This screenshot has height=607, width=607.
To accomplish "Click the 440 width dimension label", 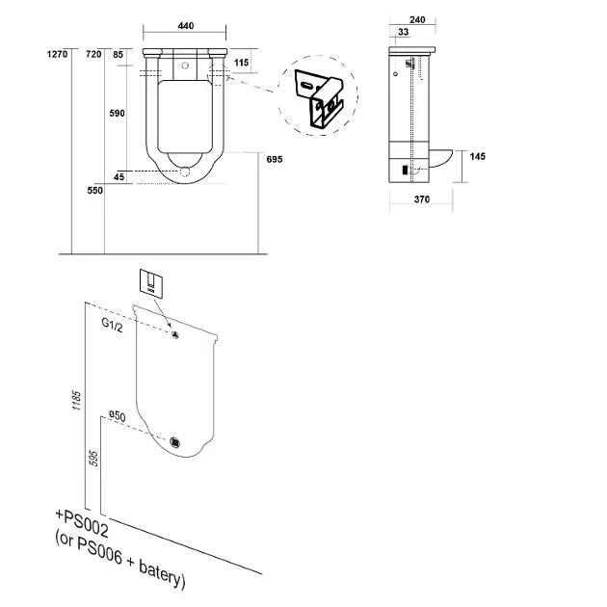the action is pos(185,26).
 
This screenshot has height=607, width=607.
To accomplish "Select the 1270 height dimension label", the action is pos(57,54).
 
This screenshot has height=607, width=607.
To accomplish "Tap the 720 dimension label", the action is pos(93,54).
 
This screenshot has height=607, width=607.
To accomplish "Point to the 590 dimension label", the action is pos(117,114).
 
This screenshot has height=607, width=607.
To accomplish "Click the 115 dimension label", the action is pos(241,63).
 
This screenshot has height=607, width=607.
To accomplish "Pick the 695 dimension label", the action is pos(275,159).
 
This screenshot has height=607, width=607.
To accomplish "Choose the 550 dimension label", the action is pos(94,191).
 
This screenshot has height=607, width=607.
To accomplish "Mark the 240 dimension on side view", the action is pos(417,19).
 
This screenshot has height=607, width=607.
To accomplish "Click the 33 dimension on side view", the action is pos(404,32).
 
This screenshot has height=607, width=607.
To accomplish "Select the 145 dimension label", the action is pos(477,156).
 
